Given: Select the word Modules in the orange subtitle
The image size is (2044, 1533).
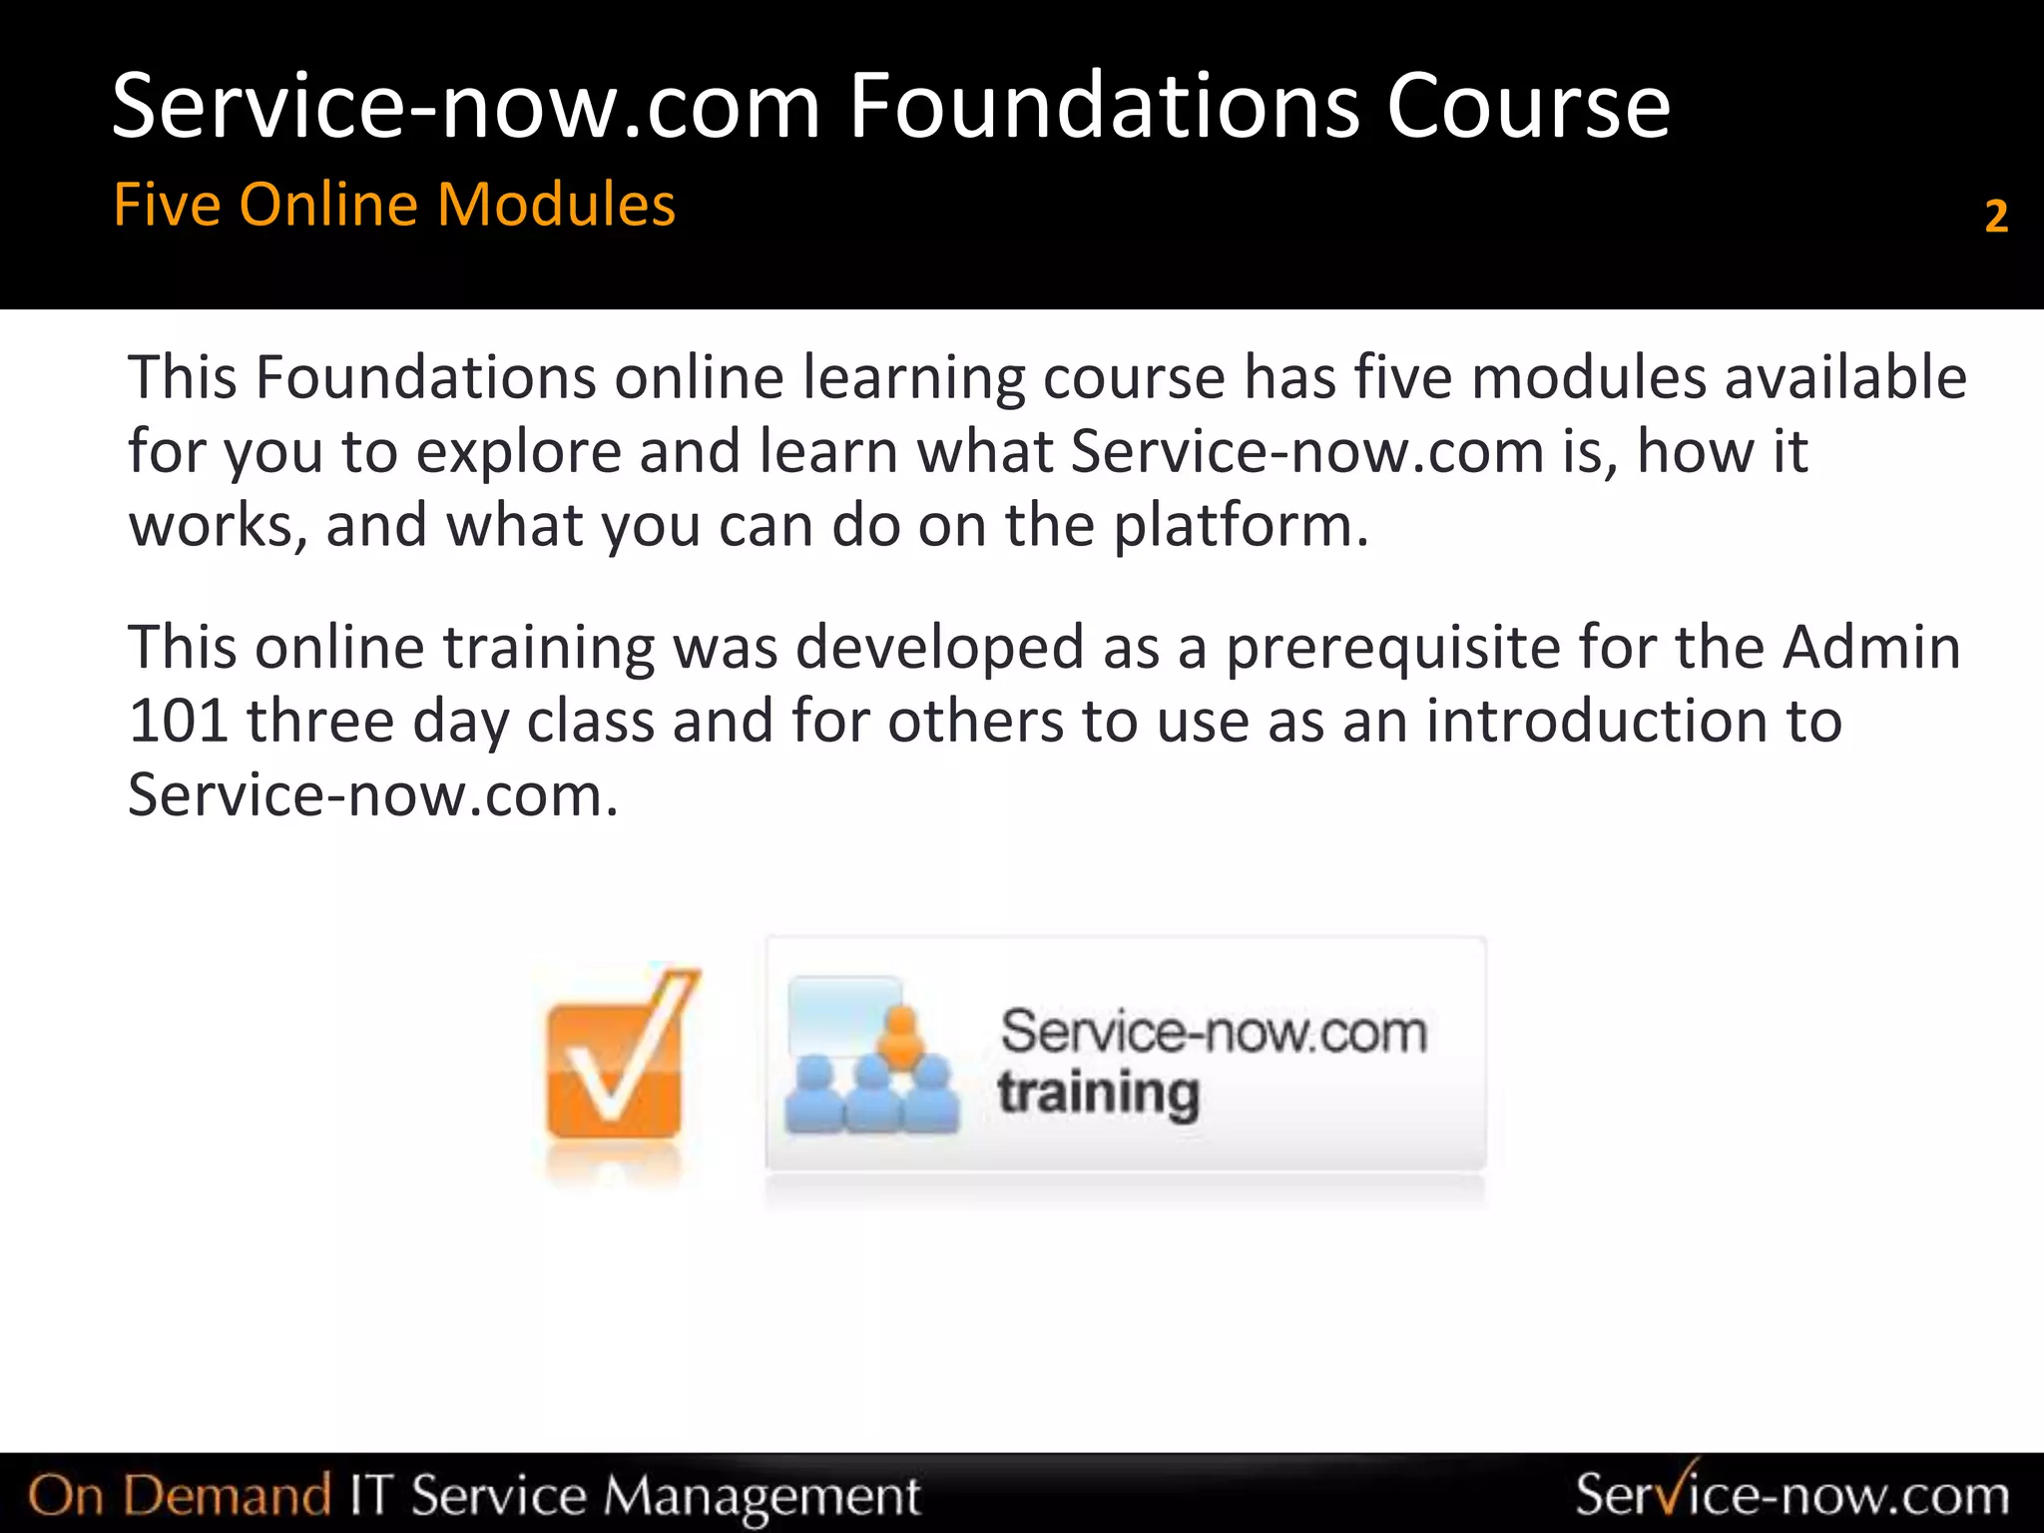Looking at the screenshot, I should [556, 205].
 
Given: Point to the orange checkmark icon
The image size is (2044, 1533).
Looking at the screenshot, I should [619, 1063].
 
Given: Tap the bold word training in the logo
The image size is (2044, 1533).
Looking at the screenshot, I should [1098, 1094].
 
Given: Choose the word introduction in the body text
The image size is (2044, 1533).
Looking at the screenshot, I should [1633, 721].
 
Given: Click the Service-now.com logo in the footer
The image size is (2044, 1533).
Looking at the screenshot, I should [1791, 1494].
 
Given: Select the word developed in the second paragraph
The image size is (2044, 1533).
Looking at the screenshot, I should [939, 647].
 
